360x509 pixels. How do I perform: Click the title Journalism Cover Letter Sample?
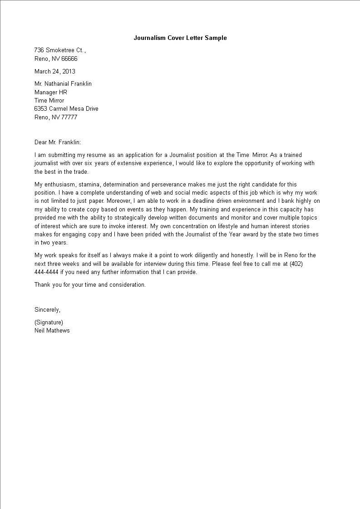tap(180, 38)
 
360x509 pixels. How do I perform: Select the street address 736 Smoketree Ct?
tap(59, 50)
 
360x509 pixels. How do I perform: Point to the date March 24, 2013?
tap(55, 71)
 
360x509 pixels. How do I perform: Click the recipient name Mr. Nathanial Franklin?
tap(63, 84)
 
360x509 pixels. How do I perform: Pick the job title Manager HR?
tap(51, 92)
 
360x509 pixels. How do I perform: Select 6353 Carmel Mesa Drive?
tap(66, 109)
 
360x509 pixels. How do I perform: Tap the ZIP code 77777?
tap(68, 117)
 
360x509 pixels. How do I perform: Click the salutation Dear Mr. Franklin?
tap(58, 142)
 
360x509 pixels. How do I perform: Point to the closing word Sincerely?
tap(47, 310)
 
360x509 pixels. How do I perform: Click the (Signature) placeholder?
tap(49, 323)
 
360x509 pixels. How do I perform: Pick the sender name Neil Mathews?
tap(52, 331)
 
